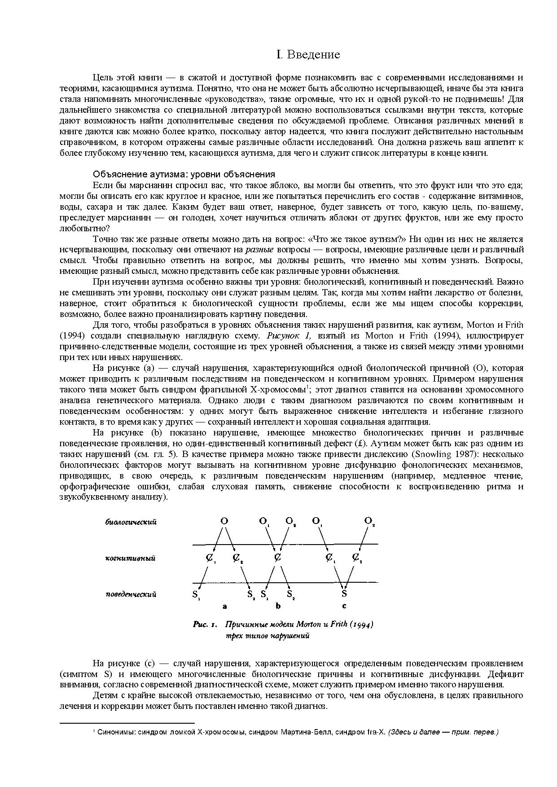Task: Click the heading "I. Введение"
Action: point(308,55)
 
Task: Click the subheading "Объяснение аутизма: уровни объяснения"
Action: point(184,174)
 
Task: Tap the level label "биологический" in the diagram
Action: point(131,522)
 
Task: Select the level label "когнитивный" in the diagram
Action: point(130,558)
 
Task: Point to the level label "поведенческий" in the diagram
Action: point(131,594)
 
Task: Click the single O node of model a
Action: point(224,521)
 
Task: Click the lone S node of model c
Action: point(344,594)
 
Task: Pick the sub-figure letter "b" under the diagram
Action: point(278,606)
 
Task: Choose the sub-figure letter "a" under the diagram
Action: point(224,606)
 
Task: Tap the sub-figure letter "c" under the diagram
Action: point(344,606)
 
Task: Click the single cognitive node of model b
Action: point(278,558)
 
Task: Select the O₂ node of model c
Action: point(369,521)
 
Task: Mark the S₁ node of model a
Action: point(196,595)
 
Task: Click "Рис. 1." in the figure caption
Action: point(205,624)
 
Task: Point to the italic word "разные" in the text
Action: point(259,250)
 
